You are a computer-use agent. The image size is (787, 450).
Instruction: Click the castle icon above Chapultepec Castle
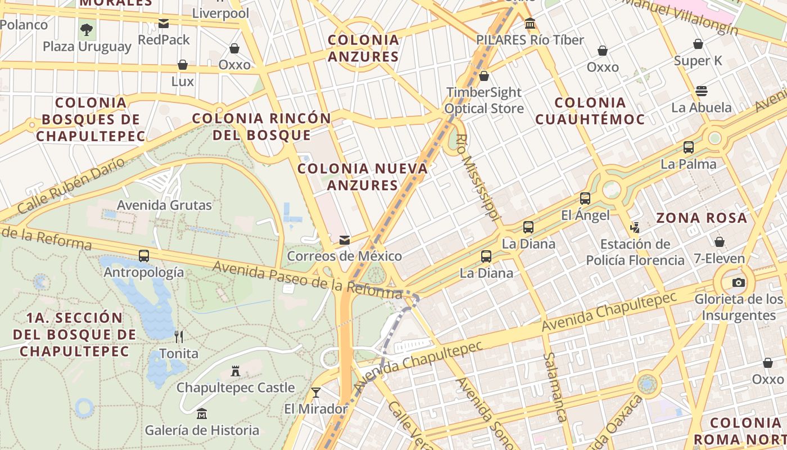[236, 371]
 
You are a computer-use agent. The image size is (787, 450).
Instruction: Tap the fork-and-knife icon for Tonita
[179, 337]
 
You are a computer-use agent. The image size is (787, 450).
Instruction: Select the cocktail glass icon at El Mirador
[316, 392]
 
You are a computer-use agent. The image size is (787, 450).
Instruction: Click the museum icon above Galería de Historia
[202, 415]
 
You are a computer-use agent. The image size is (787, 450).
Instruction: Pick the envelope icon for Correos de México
[345, 240]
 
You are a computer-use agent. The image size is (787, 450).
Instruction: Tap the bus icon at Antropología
[144, 256]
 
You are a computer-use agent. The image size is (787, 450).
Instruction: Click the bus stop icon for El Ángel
[585, 199]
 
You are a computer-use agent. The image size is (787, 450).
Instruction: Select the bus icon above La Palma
[689, 147]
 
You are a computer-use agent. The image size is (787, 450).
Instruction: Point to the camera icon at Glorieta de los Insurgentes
[739, 282]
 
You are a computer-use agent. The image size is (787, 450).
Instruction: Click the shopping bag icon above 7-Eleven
[719, 242]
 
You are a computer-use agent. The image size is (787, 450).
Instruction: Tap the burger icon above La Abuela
[701, 91]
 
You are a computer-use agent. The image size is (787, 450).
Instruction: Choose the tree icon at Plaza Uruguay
[87, 29]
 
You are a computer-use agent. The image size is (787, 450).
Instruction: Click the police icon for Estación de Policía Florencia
[635, 228]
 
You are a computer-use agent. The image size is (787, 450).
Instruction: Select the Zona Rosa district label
[702, 218]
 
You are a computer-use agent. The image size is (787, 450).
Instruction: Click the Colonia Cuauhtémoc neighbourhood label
[590, 111]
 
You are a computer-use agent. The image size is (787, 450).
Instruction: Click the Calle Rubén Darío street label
[71, 185]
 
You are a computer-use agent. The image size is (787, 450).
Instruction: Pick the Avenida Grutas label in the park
[164, 205]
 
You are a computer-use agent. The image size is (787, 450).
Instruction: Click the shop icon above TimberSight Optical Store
[483, 76]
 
